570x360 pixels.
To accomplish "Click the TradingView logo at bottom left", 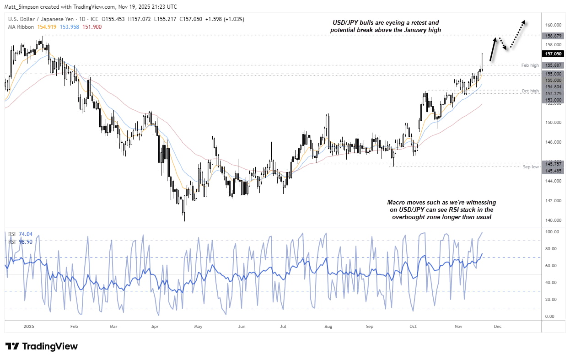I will click(41, 346).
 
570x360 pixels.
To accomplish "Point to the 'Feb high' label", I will click(530, 65).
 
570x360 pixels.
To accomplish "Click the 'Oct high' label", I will click(530, 91).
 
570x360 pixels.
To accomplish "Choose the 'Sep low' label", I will click(531, 167).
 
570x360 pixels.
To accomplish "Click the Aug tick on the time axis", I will click(328, 327).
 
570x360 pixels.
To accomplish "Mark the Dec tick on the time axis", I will click(498, 327).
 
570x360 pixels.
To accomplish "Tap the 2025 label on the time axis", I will click(28, 327).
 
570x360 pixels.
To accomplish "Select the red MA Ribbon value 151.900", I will click(92, 27).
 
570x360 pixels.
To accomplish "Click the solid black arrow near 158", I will click(492, 49).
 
